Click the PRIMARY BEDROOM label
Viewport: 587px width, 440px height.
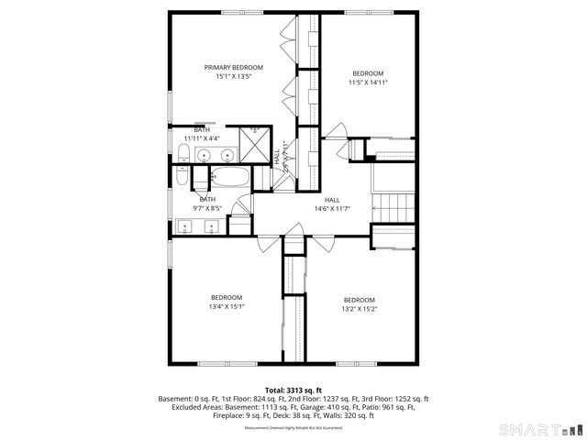pos(233,67)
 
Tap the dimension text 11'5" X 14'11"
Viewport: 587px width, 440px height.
pos(368,82)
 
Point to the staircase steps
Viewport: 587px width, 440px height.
pos(393,207)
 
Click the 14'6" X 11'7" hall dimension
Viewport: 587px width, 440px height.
pos(332,209)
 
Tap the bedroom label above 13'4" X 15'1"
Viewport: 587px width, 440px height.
pos(226,297)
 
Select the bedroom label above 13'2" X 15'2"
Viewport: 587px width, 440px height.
pos(359,300)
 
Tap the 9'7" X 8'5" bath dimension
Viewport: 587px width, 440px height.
pos(207,208)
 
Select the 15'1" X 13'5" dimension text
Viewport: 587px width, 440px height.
pos(233,76)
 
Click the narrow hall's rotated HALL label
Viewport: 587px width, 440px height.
pos(276,157)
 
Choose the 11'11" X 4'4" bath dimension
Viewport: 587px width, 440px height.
pos(201,137)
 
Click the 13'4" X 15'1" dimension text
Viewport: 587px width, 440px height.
pos(226,306)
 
